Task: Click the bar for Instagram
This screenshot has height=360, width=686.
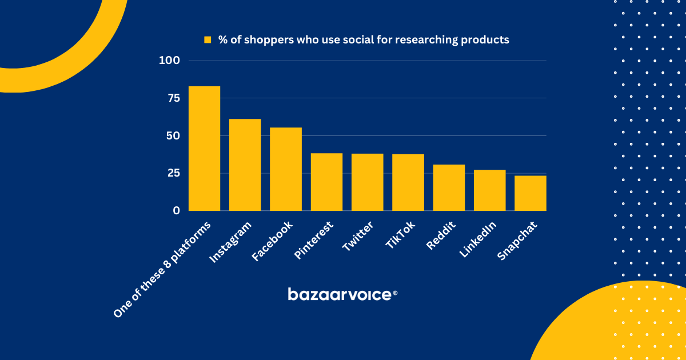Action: coord(245,165)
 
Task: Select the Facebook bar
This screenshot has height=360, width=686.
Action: coord(286,169)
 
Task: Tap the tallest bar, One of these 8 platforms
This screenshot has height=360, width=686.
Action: coord(204,149)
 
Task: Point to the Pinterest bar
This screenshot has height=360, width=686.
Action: coord(326,182)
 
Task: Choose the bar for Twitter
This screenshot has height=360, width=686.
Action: coord(367,182)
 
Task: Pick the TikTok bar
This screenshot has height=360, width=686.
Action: coord(408,183)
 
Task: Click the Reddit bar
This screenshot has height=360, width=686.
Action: coord(449,188)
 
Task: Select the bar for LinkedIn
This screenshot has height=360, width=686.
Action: coord(489,190)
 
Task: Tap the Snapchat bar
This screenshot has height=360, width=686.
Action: coord(531,193)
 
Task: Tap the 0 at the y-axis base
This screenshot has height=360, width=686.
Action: coord(176,211)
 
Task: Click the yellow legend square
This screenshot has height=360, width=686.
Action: coord(208,40)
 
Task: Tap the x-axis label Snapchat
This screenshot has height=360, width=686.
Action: coord(513,241)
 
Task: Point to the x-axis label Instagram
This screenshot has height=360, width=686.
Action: coord(231,242)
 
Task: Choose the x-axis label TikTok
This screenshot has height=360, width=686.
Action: coord(400,235)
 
